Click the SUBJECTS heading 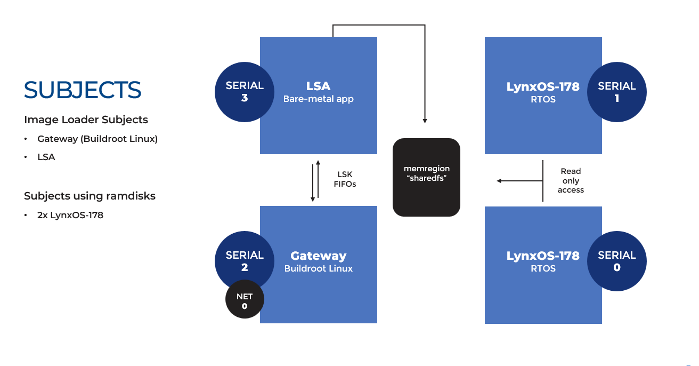click(83, 90)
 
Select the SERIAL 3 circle click(245, 92)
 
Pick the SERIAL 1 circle click(616, 92)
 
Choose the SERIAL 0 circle click(616, 261)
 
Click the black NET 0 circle click(245, 301)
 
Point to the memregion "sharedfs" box click(426, 177)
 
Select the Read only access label click(571, 180)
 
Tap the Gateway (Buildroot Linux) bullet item click(97, 139)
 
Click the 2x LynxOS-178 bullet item click(70, 216)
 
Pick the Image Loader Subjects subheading click(86, 120)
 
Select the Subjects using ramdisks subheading click(90, 196)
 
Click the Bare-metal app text click(318, 99)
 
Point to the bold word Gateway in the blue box click(318, 256)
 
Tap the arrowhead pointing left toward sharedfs click(500, 181)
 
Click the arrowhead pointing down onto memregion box click(425, 121)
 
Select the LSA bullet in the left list click(46, 157)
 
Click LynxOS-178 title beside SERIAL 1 click(543, 86)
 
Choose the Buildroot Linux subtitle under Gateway click(318, 268)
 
